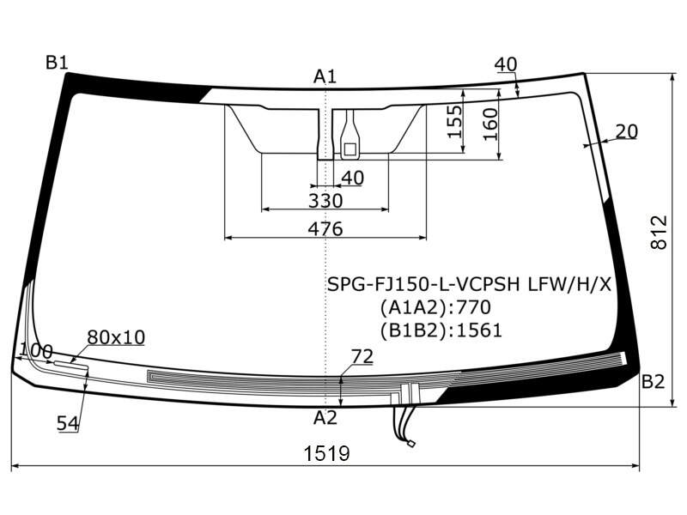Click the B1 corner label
(x=57, y=63)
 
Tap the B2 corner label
(x=653, y=382)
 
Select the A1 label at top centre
(x=325, y=76)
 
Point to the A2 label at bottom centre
(x=325, y=418)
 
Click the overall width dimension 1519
(x=327, y=454)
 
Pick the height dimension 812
(x=659, y=232)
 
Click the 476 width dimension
(x=325, y=228)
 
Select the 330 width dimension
(x=325, y=201)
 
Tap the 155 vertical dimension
(x=454, y=121)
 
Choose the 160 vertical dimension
(x=490, y=124)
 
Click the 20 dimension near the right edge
(x=627, y=131)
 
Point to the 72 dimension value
(x=362, y=356)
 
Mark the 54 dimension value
(x=68, y=423)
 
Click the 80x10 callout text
(x=116, y=337)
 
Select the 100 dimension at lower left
(x=36, y=351)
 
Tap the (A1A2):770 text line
(x=435, y=307)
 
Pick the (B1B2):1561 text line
(x=441, y=330)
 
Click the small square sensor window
(x=350, y=149)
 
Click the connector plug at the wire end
(x=411, y=444)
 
